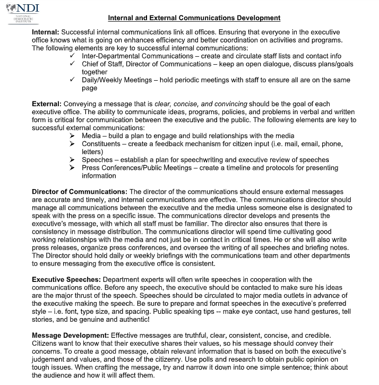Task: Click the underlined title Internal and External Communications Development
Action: pos(194,18)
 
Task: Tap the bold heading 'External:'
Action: pos(47,104)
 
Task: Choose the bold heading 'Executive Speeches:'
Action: pos(66,279)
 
